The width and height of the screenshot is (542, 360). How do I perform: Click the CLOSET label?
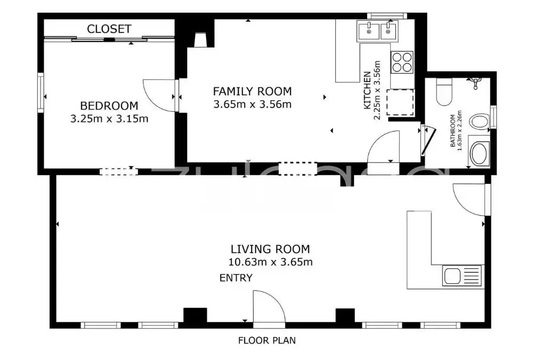(109, 29)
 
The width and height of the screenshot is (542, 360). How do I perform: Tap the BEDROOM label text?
(109, 105)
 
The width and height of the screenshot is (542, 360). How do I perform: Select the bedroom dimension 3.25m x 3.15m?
(109, 119)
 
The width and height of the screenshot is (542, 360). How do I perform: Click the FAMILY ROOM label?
(252, 91)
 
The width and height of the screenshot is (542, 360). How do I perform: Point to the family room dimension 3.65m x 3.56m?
(252, 104)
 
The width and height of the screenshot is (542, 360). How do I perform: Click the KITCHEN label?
(367, 90)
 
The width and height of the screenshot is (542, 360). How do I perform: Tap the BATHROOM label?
(452, 130)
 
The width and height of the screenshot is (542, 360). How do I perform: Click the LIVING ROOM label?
(270, 249)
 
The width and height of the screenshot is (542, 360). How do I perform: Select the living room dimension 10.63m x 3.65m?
(270, 262)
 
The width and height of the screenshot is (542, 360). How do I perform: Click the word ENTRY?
(236, 278)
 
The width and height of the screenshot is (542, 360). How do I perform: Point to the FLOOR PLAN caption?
(267, 340)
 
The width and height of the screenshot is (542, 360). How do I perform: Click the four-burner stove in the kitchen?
(402, 62)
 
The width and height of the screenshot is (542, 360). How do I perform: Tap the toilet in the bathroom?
(444, 92)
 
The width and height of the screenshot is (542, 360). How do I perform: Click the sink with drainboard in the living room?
(462, 276)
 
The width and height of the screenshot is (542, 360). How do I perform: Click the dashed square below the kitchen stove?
(400, 103)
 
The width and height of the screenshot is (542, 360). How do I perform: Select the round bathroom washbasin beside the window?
(480, 121)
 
